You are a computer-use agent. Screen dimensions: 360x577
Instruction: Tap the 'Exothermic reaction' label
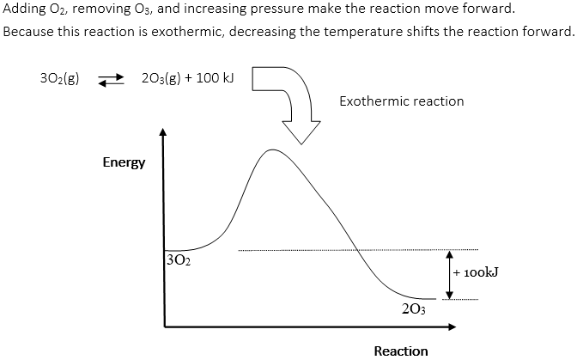point(401,101)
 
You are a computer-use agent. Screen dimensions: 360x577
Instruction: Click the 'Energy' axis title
point(125,162)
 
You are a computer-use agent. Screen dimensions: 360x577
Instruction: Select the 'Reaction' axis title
point(401,350)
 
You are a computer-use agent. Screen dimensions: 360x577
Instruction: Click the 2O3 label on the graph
point(413,309)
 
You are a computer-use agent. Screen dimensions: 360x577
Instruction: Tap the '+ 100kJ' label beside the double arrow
point(480,273)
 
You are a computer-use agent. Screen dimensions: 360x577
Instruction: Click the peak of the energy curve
point(273,150)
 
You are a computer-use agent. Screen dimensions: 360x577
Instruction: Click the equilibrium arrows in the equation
point(113,80)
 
